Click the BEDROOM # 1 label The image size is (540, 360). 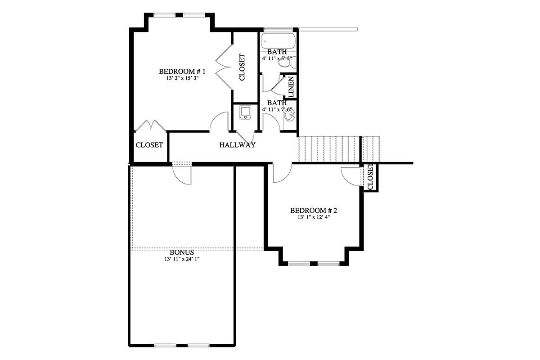[x=182, y=72]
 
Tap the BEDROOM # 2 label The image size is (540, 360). [x=314, y=211]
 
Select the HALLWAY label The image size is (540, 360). [x=238, y=145]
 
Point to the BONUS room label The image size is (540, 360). [x=182, y=252]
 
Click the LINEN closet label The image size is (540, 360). [x=291, y=86]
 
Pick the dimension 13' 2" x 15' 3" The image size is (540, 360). [x=182, y=78]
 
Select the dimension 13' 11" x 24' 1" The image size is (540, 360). [x=182, y=259]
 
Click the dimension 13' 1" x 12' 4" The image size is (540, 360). [x=314, y=217]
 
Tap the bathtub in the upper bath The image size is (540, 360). [x=278, y=41]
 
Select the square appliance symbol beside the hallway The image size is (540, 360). [x=245, y=112]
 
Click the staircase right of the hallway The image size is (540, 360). [x=339, y=149]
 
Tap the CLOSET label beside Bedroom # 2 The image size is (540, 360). [x=370, y=177]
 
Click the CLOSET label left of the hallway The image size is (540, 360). [x=149, y=145]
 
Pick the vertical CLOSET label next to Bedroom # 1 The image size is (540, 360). [x=242, y=67]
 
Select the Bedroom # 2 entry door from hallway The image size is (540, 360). [x=282, y=173]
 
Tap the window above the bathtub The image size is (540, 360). [x=279, y=29]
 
